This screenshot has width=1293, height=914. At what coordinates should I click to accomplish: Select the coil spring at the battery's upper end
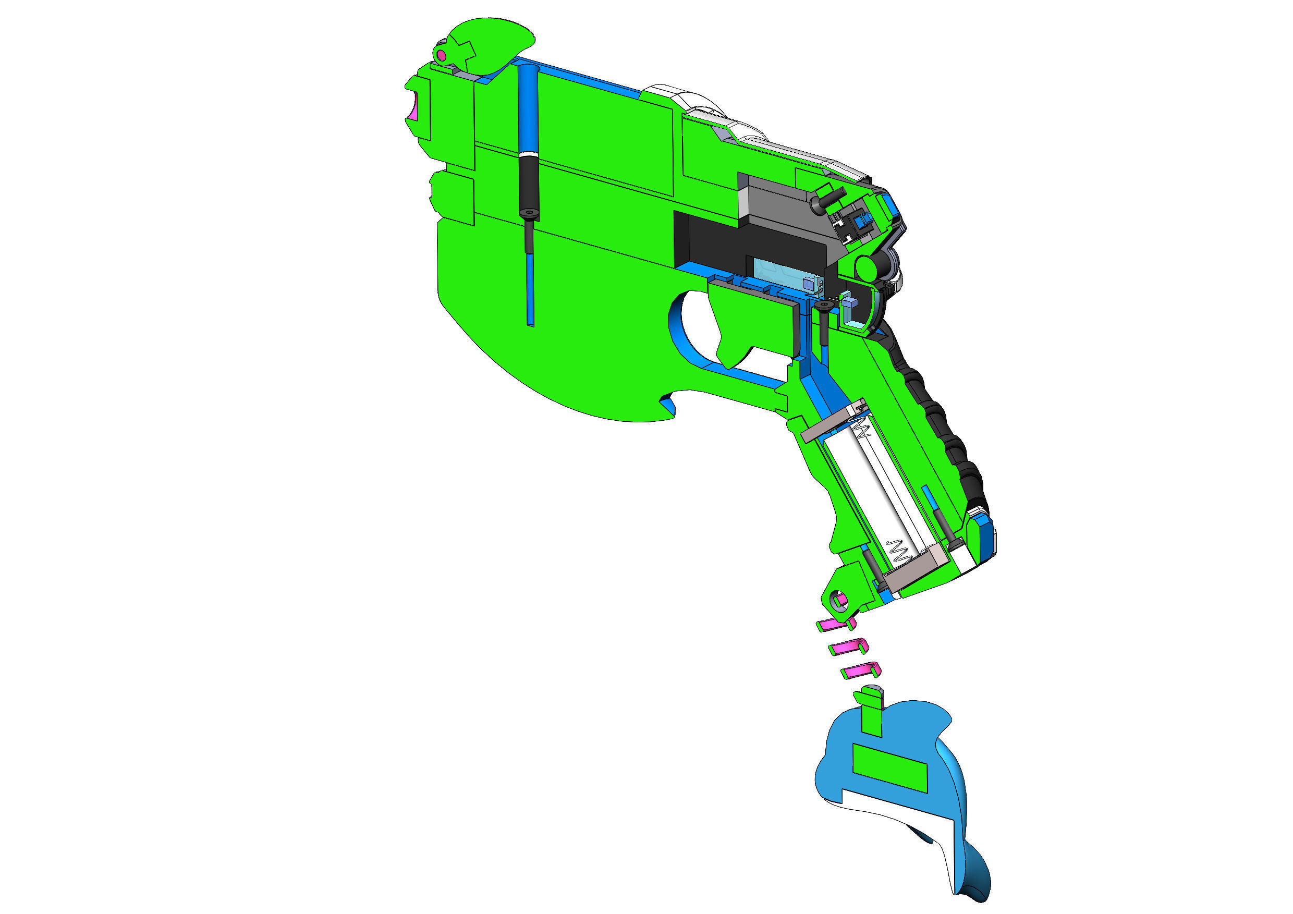click(x=862, y=431)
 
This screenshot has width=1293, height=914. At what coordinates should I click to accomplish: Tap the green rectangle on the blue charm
click(x=889, y=769)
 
